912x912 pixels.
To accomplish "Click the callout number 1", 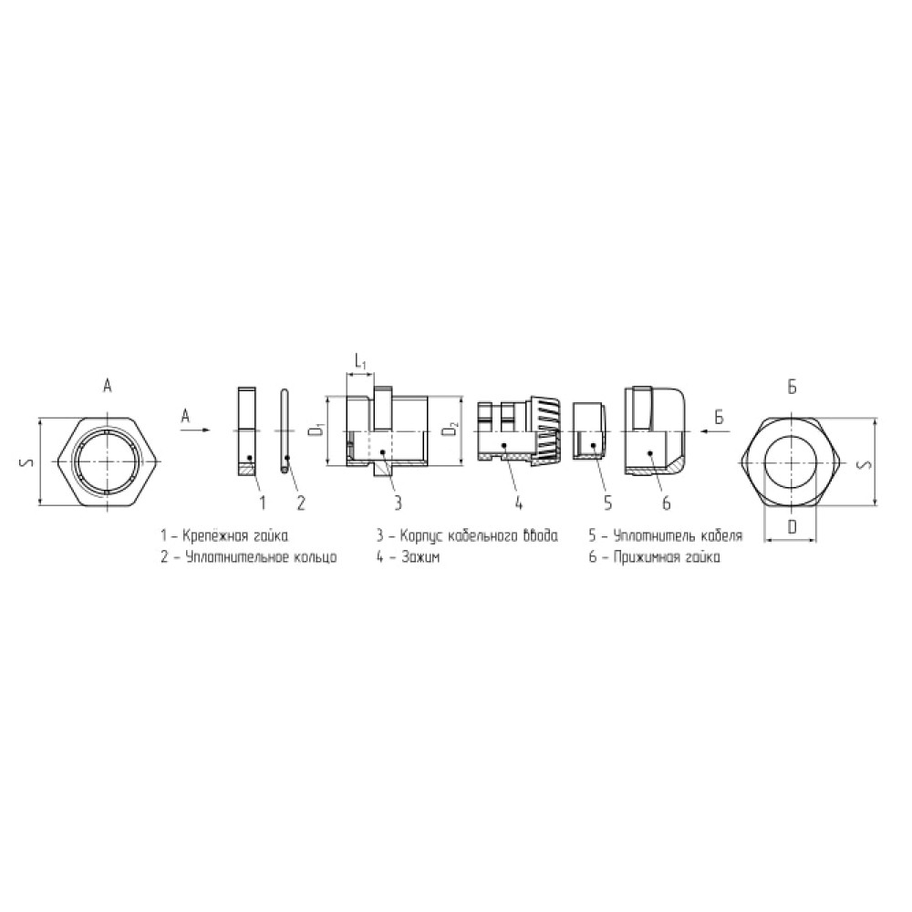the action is point(263,503).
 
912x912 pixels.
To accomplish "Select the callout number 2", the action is point(301,503).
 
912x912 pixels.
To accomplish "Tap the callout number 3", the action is point(398,503).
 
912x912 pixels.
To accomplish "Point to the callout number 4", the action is point(518,503).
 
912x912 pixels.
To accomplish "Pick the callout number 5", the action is point(607,503).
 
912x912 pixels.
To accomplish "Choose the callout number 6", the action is point(667,503).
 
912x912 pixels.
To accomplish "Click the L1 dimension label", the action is point(360,363).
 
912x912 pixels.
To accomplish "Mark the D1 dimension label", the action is point(317,430).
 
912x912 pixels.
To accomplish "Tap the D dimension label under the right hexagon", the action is point(792,527).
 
